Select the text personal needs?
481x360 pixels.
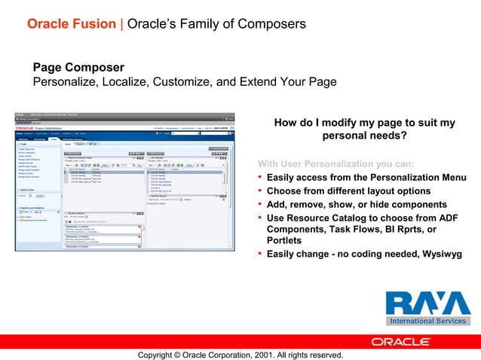coord(364,136)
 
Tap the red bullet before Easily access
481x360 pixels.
coord(260,178)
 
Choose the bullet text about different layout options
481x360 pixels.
coord(348,191)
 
